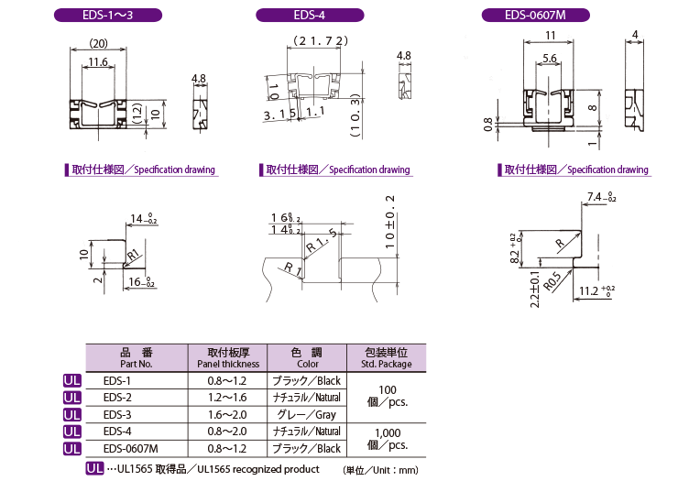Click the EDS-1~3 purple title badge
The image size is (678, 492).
pyautogui.click(x=108, y=16)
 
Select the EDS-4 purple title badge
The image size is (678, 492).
pyautogui.click(x=310, y=16)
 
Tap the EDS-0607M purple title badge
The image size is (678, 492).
pyautogui.click(x=535, y=16)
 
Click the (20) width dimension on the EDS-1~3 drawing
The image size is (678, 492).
pyautogui.click(x=98, y=43)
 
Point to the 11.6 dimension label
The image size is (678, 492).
pyautogui.click(x=98, y=61)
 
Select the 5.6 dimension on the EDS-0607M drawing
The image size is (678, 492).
pyautogui.click(x=549, y=58)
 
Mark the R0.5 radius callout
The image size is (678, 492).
pyautogui.click(x=552, y=281)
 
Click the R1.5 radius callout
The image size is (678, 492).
pyautogui.click(x=322, y=241)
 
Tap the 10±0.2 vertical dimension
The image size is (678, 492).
pyautogui.click(x=390, y=223)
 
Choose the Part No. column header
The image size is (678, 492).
pyautogui.click(x=137, y=357)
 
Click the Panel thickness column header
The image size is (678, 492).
pyautogui.click(x=228, y=357)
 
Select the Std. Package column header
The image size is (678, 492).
pyautogui.click(x=386, y=357)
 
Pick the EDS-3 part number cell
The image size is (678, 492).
pyautogui.click(x=117, y=415)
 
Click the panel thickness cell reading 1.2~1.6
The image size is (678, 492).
pyautogui.click(x=227, y=398)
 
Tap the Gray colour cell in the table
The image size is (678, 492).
pyautogui.click(x=307, y=415)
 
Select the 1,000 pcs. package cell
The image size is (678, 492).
pyautogui.click(x=388, y=439)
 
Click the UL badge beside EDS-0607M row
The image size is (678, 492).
pyautogui.click(x=72, y=449)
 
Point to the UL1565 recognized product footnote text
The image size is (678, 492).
pyautogui.click(x=258, y=469)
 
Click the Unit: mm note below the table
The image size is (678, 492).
pyautogui.click(x=381, y=470)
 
